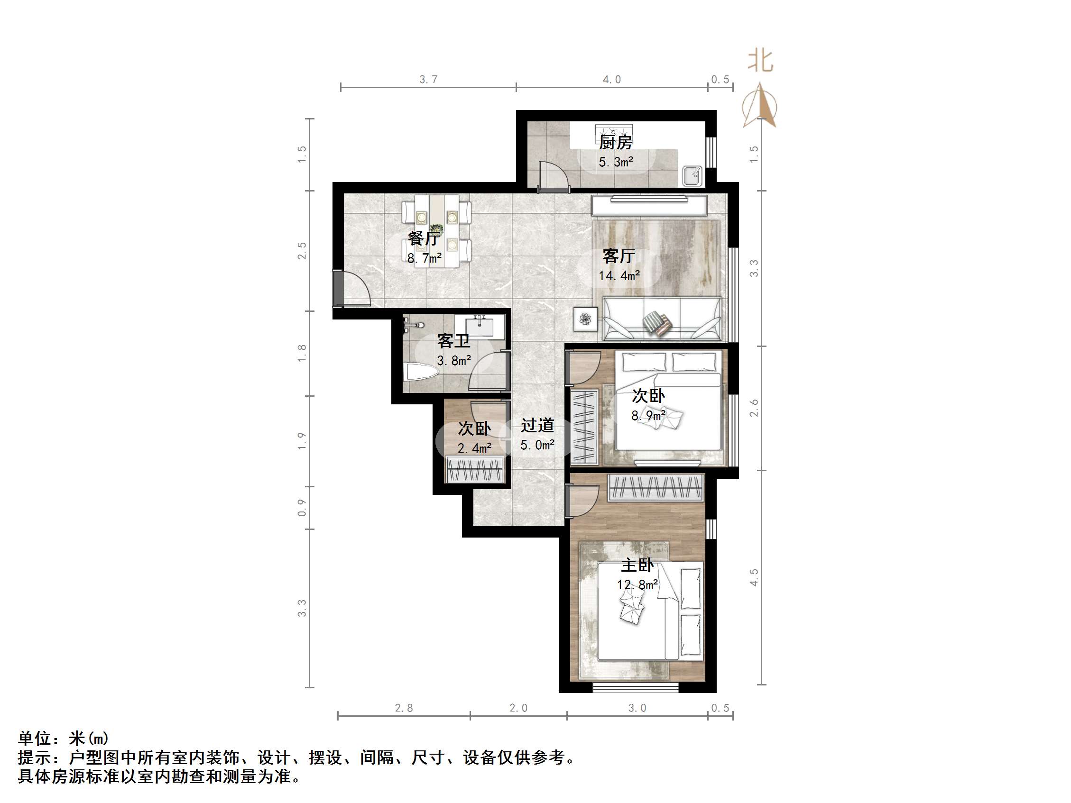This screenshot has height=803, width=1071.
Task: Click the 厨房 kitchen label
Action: coord(615,142)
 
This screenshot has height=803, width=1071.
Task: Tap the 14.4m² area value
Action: coord(619,276)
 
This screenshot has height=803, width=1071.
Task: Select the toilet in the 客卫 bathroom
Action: coord(422,372)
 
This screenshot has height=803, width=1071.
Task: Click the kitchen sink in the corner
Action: coord(692,176)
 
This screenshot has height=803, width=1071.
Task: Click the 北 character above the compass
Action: coord(760,62)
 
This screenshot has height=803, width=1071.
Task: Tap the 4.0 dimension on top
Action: coord(611,80)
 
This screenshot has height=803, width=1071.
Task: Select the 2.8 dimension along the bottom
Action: coord(404,709)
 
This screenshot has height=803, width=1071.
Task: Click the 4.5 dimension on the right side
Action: coord(754,577)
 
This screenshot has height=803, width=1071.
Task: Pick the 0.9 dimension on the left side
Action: coord(302,508)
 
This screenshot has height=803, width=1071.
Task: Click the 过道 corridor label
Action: coord(537,426)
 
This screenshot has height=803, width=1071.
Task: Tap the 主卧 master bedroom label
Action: coord(637,566)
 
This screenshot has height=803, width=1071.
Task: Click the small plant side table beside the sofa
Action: coord(585,319)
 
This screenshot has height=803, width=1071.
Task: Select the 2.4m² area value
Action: coord(474,448)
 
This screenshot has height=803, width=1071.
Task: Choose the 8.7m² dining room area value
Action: coord(424,258)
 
